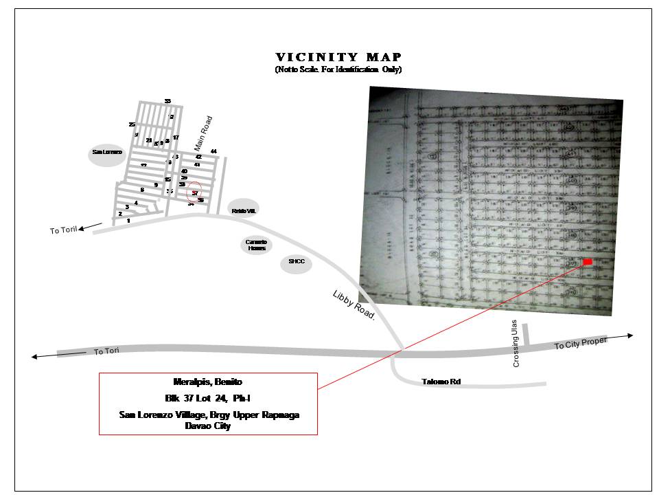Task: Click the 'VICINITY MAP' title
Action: (338, 57)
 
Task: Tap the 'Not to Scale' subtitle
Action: (338, 70)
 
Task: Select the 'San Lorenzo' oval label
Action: (107, 152)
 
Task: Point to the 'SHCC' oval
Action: (297, 262)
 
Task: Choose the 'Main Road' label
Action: (203, 133)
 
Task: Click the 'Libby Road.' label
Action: (354, 305)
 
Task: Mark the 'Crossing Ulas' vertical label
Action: (516, 344)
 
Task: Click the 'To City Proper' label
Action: (581, 343)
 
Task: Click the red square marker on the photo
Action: (588, 262)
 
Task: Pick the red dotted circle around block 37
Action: (195, 192)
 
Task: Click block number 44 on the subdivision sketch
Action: (213, 151)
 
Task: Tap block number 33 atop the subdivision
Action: (167, 102)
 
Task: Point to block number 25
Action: (132, 124)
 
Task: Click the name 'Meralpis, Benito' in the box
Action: (208, 382)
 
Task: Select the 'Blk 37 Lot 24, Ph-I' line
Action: (208, 398)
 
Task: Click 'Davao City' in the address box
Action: (208, 426)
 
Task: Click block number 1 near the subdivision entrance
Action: (128, 221)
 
